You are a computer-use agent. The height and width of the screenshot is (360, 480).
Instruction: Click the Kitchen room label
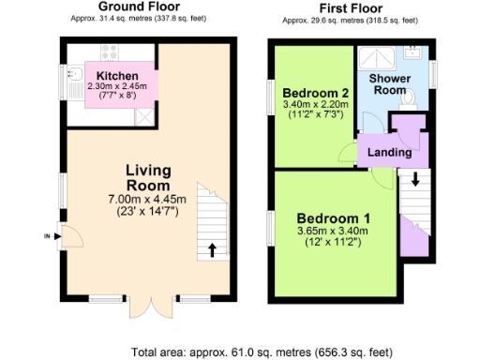[117, 75]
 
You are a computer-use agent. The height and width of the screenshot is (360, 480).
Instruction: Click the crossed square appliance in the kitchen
[143, 115]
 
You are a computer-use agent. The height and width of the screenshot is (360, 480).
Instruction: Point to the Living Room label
[148, 177]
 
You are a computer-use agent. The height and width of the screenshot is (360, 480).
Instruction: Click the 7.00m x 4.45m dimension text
[149, 200]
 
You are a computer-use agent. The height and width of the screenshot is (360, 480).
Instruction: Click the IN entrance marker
[46, 236]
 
